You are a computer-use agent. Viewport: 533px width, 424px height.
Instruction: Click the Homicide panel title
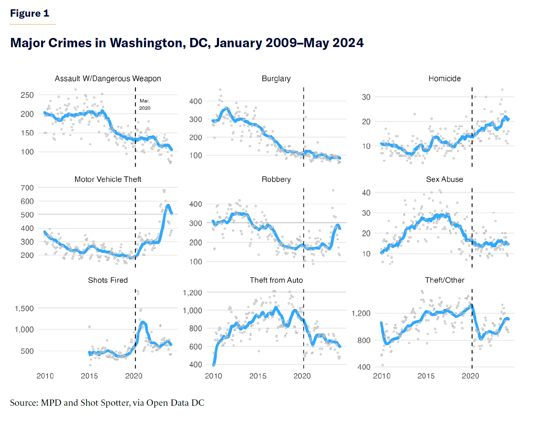tap(445, 78)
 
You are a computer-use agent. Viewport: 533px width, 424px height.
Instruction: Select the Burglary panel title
tap(276, 78)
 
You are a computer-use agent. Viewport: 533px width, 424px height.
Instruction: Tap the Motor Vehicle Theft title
tap(108, 179)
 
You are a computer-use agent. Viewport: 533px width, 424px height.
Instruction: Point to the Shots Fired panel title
tap(108, 280)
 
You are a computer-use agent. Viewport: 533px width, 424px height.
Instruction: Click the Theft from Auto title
tap(276, 280)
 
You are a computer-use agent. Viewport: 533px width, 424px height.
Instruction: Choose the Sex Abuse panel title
tap(445, 179)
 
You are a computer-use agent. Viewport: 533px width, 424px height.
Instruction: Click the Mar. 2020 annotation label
tap(145, 105)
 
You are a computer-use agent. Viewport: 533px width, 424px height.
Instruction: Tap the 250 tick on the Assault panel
tap(27, 95)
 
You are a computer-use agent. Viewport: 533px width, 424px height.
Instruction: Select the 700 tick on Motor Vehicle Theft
tap(27, 188)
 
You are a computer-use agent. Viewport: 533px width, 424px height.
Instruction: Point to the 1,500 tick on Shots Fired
tap(24, 309)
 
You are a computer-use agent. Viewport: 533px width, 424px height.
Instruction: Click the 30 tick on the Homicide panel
tap(366, 97)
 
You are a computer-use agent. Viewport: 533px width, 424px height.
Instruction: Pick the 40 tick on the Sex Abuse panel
tap(366, 193)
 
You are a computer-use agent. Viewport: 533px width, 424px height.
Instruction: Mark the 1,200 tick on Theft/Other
tap(361, 314)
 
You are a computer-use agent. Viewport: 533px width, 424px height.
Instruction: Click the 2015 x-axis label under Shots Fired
tap(89, 376)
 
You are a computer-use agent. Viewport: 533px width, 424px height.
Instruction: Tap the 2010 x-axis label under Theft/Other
tap(382, 376)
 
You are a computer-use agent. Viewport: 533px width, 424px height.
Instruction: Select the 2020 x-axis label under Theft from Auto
tap(302, 376)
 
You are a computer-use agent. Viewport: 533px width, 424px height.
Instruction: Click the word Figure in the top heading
tap(25, 13)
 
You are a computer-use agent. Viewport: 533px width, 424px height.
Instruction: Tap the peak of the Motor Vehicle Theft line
tap(168, 205)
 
